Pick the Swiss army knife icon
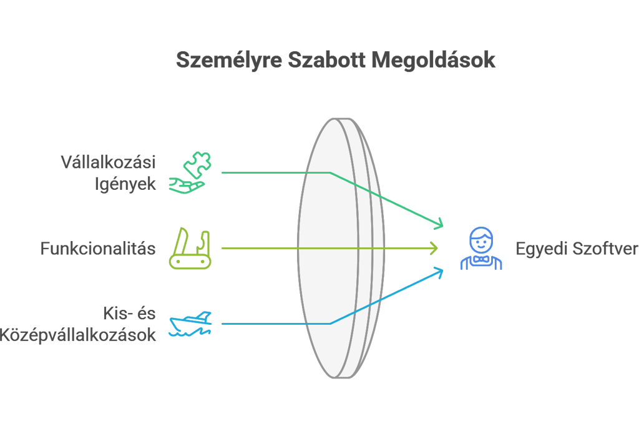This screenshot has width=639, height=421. click(190, 249)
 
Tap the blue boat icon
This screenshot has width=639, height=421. click(190, 324)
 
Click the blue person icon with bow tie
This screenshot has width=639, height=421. click(481, 249)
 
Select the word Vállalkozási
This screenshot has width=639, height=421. click(107, 162)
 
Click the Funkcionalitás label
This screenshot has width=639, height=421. click(97, 249)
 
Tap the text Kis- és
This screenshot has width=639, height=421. click(129, 314)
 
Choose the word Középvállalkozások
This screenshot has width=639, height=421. click(77, 335)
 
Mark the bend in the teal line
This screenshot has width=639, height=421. click(329, 172)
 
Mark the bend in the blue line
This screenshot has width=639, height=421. click(329, 324)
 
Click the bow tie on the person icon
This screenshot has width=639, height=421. click(481, 259)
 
